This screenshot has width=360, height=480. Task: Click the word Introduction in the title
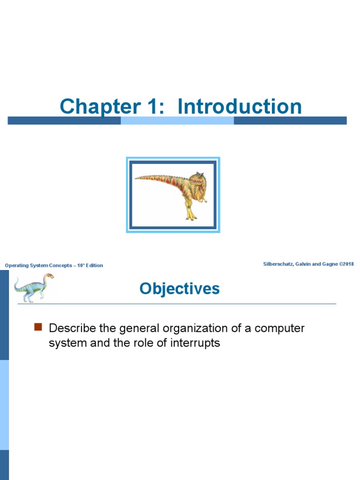coord(240,106)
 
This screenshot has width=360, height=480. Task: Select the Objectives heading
coord(180,289)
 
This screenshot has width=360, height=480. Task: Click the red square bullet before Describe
coord(38,327)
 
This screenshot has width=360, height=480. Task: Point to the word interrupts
coord(196,343)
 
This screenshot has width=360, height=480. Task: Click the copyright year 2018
coord(348,264)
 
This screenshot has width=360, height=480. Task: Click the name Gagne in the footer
coord(330,264)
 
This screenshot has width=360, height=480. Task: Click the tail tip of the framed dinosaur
coord(137,178)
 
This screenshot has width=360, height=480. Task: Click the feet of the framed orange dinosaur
coord(191,217)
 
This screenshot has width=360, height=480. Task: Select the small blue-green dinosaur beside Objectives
coord(33,287)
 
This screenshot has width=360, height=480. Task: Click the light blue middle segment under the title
coord(177,120)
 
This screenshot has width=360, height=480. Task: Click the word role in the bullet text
coord(138,343)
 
